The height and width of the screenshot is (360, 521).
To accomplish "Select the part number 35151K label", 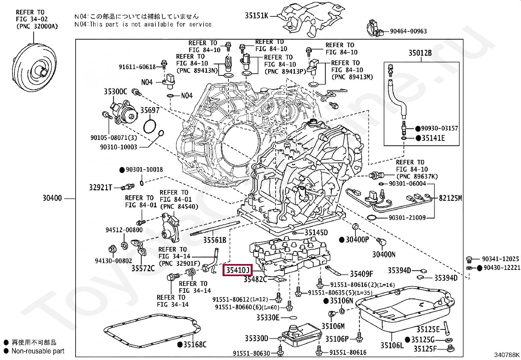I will coord(256,15).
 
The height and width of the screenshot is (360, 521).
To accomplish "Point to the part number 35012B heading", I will coord(420,53).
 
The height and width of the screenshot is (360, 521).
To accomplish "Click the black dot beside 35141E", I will coord(418,138).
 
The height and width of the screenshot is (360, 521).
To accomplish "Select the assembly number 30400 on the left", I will coord(52,198).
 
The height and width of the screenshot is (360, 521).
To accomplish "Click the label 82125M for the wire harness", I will coord(450,198).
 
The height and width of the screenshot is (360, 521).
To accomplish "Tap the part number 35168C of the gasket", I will coord(195,345).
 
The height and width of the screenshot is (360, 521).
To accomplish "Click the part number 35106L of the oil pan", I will coord(392,345).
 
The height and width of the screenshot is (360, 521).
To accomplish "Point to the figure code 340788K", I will coord(506,355).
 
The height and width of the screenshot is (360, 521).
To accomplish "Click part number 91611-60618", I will coord(137,67).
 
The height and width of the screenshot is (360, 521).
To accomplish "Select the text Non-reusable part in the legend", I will coord(38,351).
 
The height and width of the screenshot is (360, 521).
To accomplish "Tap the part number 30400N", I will coord(384,254).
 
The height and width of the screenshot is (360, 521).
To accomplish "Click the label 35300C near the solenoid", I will coord(115,91).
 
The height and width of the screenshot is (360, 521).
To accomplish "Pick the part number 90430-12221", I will coord(502,268).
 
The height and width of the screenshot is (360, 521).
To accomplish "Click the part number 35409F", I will coord(361,274).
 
